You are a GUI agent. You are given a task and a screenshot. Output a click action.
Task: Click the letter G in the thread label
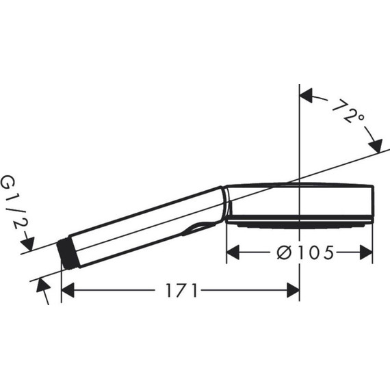[x=8, y=183]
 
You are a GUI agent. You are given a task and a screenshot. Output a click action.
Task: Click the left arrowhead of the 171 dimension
[x=68, y=291]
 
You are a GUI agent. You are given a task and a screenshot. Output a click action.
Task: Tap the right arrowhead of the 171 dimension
[x=293, y=291]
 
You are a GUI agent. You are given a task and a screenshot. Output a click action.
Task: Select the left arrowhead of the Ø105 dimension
[x=233, y=253]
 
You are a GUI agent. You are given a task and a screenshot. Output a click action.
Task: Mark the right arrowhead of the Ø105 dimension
[x=366, y=253]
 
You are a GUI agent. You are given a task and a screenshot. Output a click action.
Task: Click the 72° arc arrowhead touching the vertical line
[x=307, y=95]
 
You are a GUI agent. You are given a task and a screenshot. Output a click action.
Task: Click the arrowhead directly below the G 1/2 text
[x=27, y=242]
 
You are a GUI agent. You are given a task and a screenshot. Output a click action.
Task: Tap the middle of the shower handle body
[x=144, y=222]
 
